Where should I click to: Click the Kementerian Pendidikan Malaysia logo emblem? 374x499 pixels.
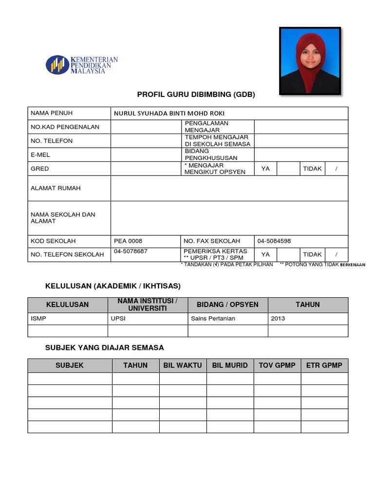coord(57,65)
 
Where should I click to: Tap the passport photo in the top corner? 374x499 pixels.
coord(310,60)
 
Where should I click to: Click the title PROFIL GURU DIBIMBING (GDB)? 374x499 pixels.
coord(196,95)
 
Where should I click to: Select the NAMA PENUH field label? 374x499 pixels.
coord(52,113)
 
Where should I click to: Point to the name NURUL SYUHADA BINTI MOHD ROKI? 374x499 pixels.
coord(169,113)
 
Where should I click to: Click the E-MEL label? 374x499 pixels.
coord(40,154)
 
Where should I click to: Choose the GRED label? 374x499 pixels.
coord(40,169)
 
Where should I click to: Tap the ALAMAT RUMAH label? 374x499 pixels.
coord(56,188)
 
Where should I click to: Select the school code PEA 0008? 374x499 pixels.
coord(128,241)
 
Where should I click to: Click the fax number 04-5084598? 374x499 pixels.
coord(274,241)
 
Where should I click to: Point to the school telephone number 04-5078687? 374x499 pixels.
coord(131,251)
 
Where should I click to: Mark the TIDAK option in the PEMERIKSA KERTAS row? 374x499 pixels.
coord(312,254)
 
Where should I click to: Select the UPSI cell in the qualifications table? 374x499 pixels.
coord(119,318)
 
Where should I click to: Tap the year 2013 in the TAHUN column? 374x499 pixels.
coord(278,318)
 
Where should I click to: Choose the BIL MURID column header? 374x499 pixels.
coord(230,365)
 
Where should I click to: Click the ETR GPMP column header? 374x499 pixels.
coord(324,365)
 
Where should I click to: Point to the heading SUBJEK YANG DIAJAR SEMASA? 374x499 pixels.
coord(104,347)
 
